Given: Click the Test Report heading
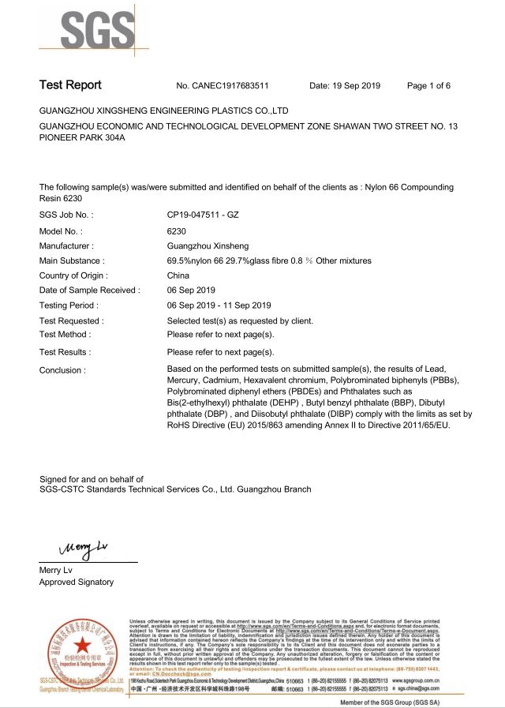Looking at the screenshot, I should [70, 85].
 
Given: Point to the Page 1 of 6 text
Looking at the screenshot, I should [428, 85].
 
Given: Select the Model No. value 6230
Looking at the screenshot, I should [177, 230].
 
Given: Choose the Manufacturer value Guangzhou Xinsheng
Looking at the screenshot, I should [206, 245].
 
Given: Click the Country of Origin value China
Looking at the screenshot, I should [178, 275].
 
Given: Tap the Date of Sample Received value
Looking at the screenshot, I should [191, 290].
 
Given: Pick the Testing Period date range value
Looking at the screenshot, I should [219, 305].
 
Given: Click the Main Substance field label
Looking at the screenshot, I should [72, 260].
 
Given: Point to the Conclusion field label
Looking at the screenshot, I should [62, 369].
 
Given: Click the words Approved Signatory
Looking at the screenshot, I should [77, 583].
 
